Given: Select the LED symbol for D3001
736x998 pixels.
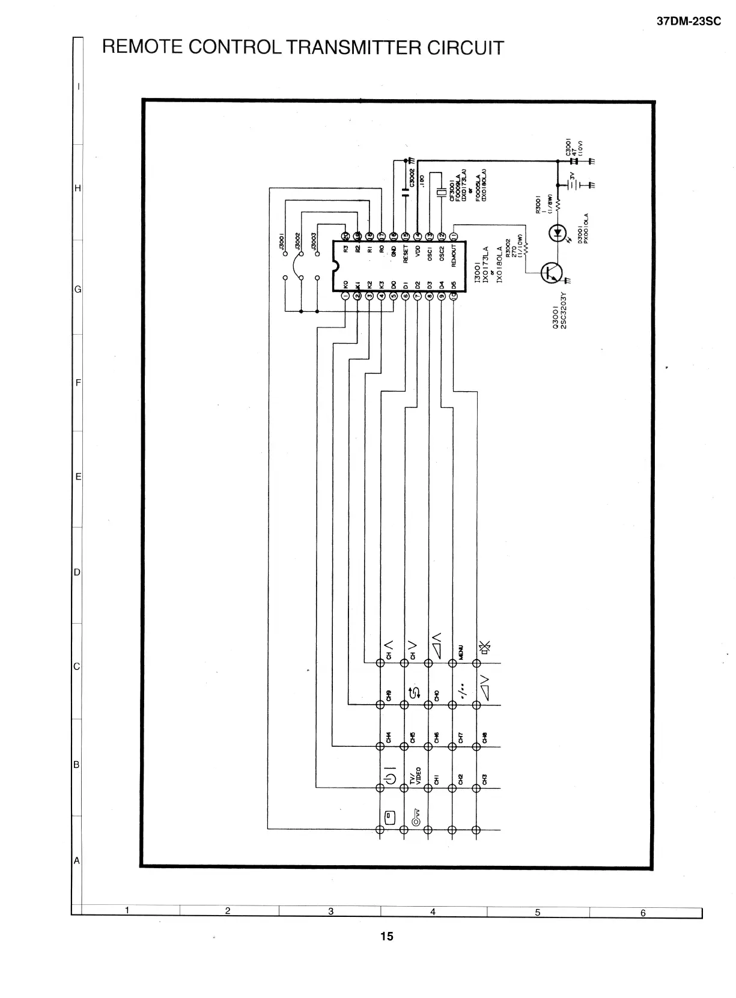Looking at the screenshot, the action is (x=558, y=232).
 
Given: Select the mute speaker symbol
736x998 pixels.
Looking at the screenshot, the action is (x=484, y=647).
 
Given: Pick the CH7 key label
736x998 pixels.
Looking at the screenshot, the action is (x=461, y=737).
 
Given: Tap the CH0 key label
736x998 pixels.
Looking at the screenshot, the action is (x=437, y=695).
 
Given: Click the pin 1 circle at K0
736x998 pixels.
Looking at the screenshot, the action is (x=345, y=296).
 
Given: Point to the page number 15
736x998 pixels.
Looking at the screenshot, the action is (x=386, y=936).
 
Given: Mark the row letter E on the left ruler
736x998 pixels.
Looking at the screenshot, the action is (x=78, y=477).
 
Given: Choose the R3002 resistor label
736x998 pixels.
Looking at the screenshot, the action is (x=508, y=248).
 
